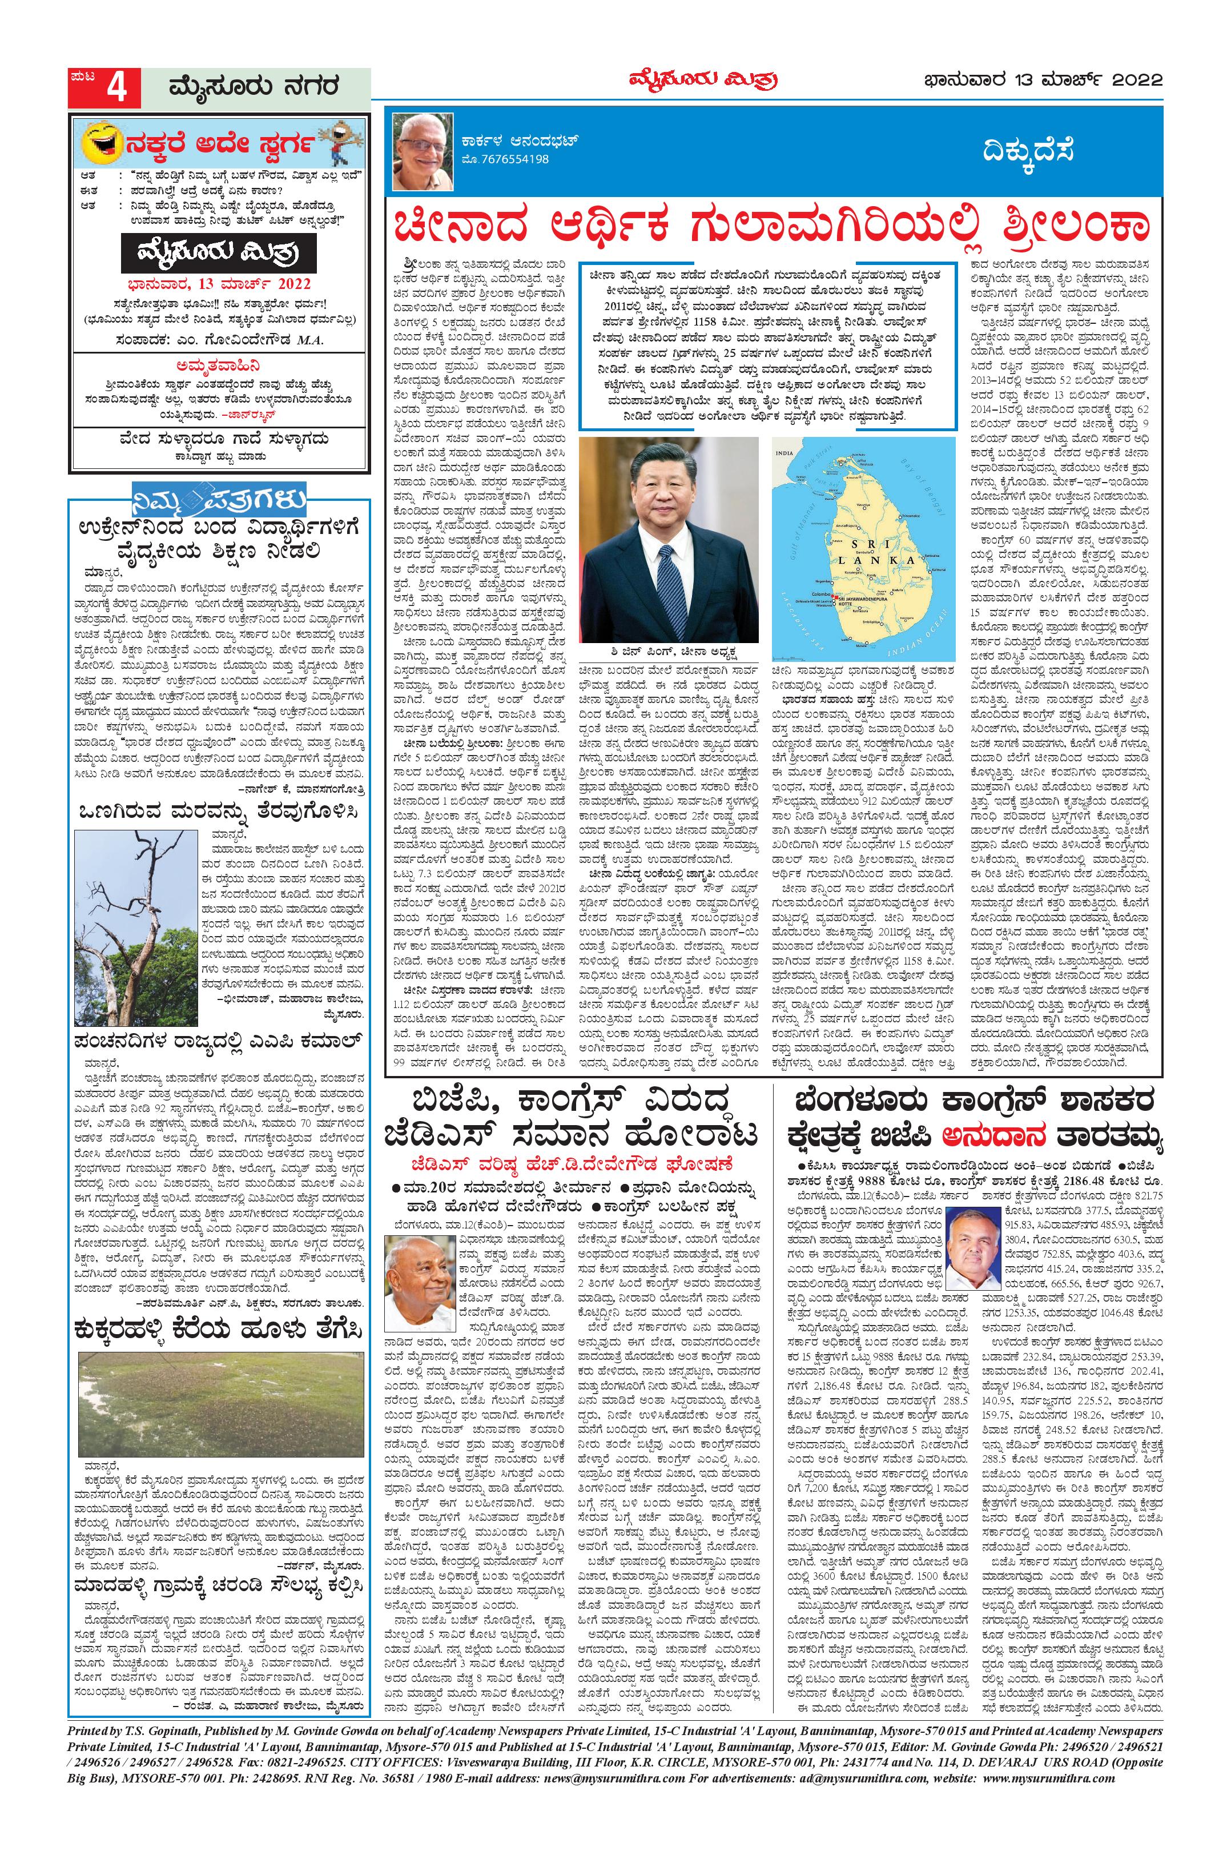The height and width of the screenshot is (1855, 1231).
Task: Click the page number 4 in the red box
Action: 117,89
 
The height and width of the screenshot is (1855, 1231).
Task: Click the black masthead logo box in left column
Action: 220,254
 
